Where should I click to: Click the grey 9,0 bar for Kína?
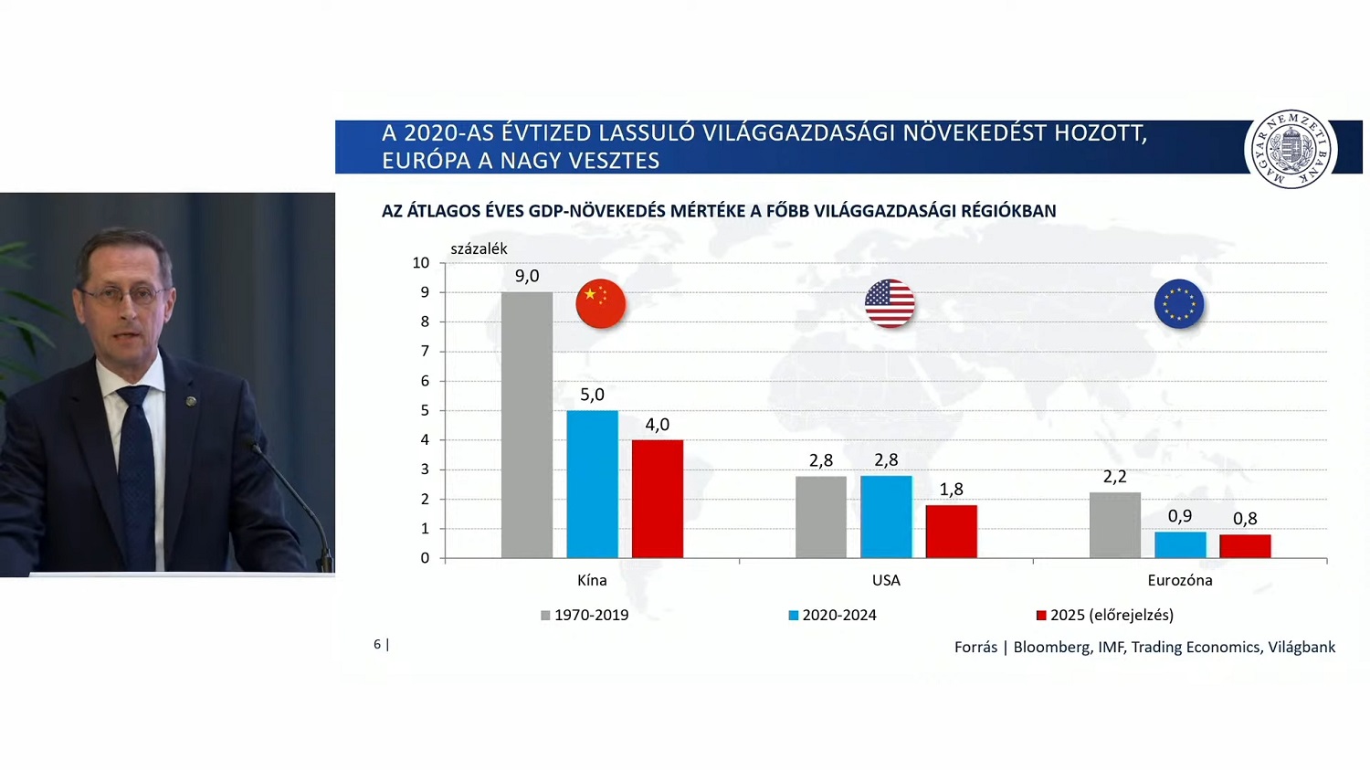pos(527,425)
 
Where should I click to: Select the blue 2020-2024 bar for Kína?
pos(592,484)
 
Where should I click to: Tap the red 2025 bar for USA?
pos(951,532)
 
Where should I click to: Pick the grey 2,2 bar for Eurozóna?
pos(1114,525)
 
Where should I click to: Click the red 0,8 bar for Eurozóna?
pos(1245,546)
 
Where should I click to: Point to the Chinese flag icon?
pos(600,304)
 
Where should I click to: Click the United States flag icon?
pos(890,304)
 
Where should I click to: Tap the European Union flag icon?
pos(1179,304)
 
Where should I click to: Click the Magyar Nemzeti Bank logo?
pos(1291,149)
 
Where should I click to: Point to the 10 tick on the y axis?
pos(420,263)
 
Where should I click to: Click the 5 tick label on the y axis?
pos(425,410)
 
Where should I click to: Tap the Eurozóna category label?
pos(1179,580)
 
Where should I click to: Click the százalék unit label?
pos(479,248)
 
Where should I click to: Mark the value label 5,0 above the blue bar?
pos(592,395)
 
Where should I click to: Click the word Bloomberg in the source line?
pos(1052,647)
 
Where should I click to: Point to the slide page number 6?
pos(377,644)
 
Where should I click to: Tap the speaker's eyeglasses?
pos(121,294)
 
